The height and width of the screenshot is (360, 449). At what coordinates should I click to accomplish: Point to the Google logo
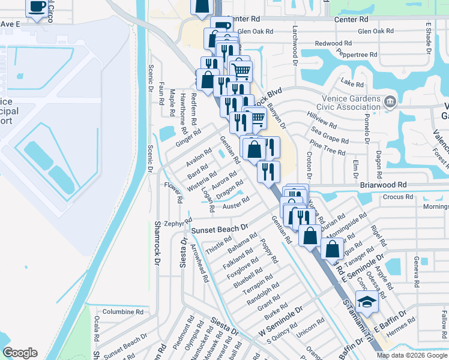20,353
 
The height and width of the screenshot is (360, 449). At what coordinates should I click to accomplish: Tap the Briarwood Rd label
384,185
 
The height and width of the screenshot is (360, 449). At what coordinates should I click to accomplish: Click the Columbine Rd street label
122,312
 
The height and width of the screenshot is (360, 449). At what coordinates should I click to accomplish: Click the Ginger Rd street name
187,140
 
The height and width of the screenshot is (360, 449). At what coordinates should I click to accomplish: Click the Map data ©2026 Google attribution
411,355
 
